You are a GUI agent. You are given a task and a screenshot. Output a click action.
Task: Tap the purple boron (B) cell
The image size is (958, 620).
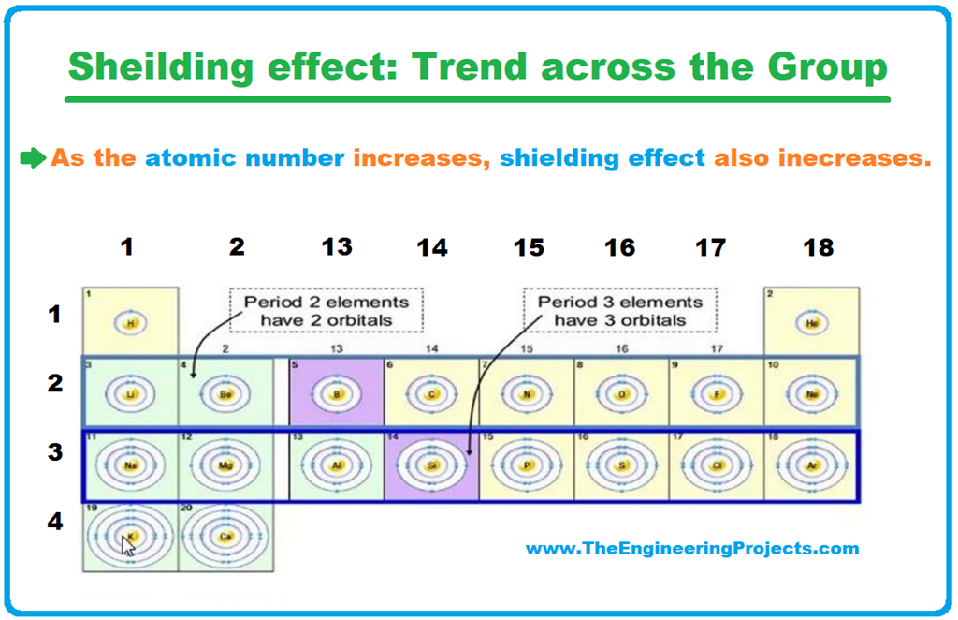point(337,393)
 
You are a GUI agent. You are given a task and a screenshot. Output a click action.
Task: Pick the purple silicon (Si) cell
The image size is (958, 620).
point(431,465)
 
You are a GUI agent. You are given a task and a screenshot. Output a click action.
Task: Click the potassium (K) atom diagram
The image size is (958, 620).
point(131,536)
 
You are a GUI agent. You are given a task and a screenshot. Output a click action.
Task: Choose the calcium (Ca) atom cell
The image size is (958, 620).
point(225,536)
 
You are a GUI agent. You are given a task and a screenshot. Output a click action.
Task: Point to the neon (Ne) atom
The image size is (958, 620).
point(810,393)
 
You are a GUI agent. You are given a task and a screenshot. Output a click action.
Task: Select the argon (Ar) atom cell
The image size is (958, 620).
point(810,465)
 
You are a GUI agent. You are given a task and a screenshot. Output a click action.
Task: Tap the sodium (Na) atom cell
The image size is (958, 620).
point(131,465)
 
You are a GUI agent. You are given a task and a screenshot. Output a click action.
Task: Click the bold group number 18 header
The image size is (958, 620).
point(817,247)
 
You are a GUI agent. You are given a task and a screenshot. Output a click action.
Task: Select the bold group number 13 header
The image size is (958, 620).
point(337,247)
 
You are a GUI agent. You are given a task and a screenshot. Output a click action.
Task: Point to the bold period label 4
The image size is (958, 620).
point(55,521)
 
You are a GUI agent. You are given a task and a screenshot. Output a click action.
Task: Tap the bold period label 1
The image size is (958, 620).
point(55,314)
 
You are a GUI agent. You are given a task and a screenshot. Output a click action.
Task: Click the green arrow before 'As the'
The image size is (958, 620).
point(33,158)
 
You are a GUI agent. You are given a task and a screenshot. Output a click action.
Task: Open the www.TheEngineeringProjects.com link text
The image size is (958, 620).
point(692,549)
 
